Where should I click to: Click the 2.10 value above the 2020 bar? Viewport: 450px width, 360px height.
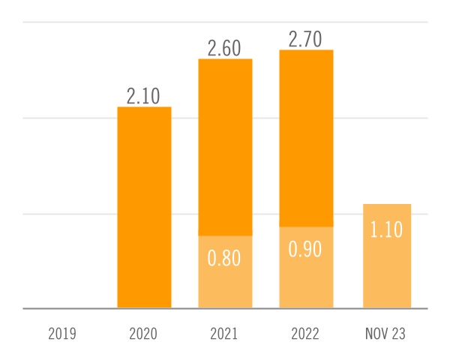tap(145, 96)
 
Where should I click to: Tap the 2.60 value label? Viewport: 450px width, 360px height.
tap(225, 48)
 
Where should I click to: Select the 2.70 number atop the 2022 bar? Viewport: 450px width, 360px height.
tap(306, 39)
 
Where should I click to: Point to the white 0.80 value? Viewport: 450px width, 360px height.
tap(225, 259)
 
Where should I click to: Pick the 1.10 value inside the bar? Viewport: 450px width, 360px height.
tap(387, 229)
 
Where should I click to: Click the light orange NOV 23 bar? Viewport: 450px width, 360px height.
tap(387, 270)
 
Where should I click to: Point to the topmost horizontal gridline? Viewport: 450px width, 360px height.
tap(75, 22)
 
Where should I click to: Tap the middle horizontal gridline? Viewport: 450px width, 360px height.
tap(75, 118)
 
